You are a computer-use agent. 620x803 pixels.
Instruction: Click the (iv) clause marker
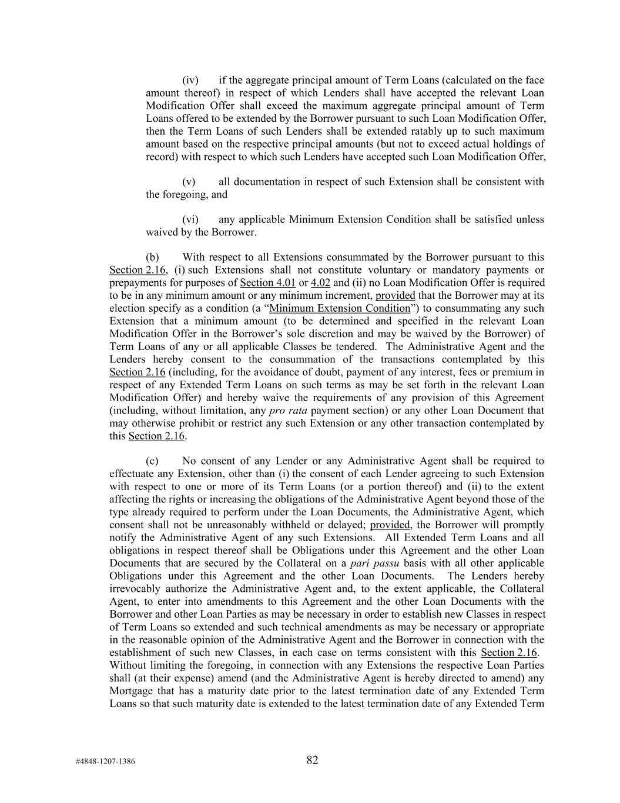[190, 80]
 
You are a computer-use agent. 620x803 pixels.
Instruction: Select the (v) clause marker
[189, 182]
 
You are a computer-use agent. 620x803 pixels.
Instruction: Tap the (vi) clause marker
[190, 219]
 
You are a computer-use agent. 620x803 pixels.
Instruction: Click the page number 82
[312, 760]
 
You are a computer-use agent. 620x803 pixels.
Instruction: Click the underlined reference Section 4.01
[267, 282]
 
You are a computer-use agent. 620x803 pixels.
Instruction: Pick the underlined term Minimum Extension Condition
[340, 308]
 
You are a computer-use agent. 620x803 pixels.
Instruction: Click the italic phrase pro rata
[290, 410]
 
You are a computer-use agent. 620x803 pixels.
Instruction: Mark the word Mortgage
[129, 691]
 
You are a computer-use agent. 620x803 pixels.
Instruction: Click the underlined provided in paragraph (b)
[395, 295]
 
